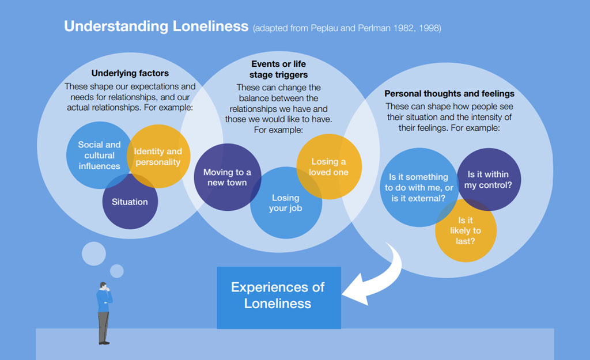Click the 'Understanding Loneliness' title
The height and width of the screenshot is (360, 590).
156,26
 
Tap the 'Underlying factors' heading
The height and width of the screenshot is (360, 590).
130,73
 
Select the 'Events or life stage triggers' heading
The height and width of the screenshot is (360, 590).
278,69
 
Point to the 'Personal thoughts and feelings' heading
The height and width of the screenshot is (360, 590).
449,93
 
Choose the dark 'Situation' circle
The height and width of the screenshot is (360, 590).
130,202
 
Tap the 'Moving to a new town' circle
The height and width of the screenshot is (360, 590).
227,177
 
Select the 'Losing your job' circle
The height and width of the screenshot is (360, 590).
286,203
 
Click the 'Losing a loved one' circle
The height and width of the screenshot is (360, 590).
329,166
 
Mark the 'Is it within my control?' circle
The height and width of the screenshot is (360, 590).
489,179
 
